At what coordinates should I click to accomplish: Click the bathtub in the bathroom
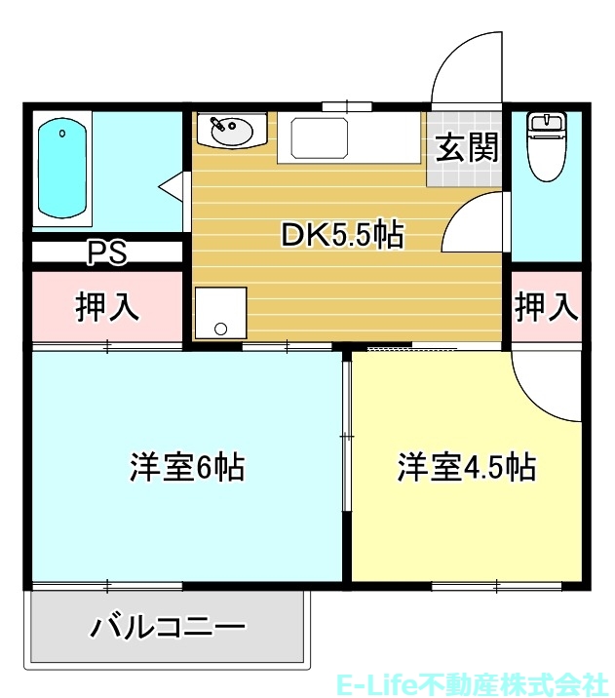tap(63, 168)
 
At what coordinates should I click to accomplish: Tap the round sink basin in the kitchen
tap(232, 130)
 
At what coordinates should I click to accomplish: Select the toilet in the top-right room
tap(547, 147)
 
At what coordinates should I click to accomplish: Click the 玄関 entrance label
tap(466, 147)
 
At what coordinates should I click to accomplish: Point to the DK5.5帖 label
tap(342, 235)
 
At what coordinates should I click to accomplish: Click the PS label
tap(107, 253)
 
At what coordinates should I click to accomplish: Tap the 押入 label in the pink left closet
tap(108, 306)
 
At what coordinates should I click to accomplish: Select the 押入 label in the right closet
tap(547, 306)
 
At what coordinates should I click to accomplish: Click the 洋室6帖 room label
tap(187, 467)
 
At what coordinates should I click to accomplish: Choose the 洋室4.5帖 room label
tap(466, 467)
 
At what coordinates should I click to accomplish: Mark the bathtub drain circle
tap(62, 133)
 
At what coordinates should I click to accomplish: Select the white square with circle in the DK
tap(220, 313)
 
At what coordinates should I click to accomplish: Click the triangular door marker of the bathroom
tap(175, 183)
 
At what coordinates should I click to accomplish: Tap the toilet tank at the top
tap(547, 122)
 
